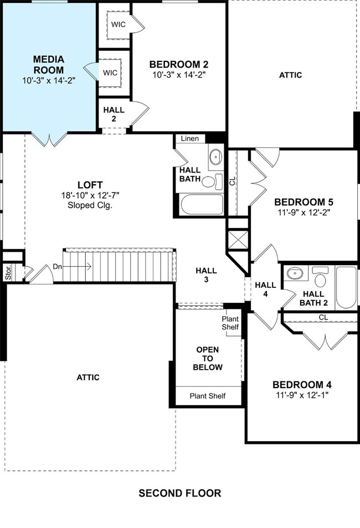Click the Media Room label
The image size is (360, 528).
49,65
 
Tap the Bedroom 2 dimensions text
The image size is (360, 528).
179,74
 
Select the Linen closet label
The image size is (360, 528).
190,138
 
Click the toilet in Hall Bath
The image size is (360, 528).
212,182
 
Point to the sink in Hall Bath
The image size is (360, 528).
216,157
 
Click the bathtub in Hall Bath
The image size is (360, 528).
202,204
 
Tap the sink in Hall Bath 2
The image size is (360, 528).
295,273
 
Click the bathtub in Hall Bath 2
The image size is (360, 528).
346,287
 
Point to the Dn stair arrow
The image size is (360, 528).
77,267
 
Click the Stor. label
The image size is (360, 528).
8,272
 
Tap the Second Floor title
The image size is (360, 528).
180,493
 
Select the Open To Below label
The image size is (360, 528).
208,358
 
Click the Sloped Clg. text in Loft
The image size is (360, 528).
90,205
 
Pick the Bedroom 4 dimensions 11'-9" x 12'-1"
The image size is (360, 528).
302,395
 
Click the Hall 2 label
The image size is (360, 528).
114,114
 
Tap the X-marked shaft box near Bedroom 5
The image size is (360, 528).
238,240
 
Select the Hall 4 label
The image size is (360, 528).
265,289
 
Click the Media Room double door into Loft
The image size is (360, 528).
49,139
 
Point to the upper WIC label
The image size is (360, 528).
119,24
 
